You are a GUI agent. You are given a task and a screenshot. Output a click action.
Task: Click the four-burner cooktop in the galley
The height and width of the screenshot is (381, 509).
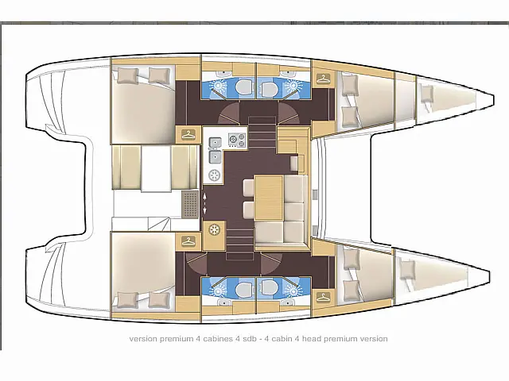tap(237, 140)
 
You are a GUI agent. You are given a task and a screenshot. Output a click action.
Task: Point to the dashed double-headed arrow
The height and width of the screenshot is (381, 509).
tap(204, 203)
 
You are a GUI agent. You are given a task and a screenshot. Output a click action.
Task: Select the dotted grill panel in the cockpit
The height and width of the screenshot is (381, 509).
tap(190, 204)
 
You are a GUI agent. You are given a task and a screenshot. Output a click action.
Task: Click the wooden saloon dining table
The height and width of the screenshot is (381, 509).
tap(269, 198)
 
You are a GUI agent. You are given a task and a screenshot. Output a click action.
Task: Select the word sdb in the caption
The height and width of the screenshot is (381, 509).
tap(250, 339)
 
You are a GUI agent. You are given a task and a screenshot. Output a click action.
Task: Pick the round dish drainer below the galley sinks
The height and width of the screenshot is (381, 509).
tap(214, 175)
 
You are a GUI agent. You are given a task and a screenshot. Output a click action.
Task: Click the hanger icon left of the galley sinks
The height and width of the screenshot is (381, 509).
tap(188, 134)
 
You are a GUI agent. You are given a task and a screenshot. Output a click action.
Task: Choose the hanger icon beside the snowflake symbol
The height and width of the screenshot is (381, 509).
tap(188, 241)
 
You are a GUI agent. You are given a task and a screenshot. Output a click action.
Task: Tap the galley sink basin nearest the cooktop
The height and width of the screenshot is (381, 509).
tap(216, 142)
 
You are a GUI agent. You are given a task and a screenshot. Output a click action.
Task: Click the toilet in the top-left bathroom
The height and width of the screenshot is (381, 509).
tap(244, 87)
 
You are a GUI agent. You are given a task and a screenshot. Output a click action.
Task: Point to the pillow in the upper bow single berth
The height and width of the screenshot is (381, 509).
tap(426, 94)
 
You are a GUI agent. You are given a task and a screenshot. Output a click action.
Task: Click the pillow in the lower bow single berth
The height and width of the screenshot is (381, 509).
tap(406, 270)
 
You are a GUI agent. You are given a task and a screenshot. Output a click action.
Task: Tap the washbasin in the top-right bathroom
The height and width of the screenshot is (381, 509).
tap(286, 75)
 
